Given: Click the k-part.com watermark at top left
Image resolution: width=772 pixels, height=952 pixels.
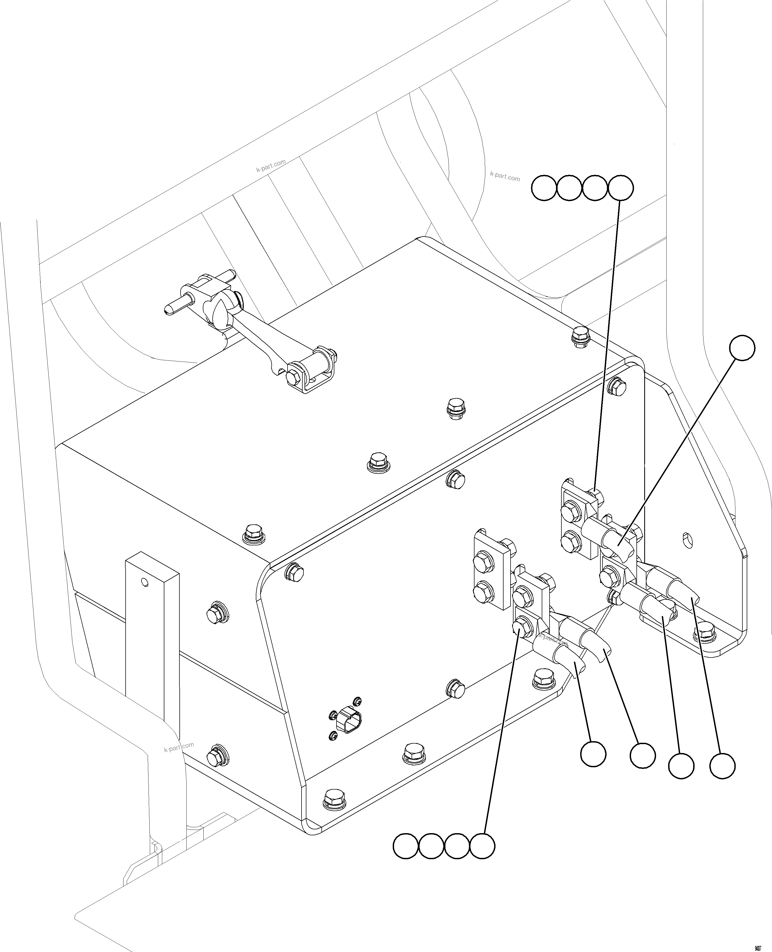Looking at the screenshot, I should [x=271, y=166].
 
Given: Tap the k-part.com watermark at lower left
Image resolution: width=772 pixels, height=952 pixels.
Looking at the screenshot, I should [x=179, y=747].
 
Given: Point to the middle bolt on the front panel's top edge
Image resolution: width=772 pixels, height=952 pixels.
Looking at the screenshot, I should [x=456, y=479].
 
